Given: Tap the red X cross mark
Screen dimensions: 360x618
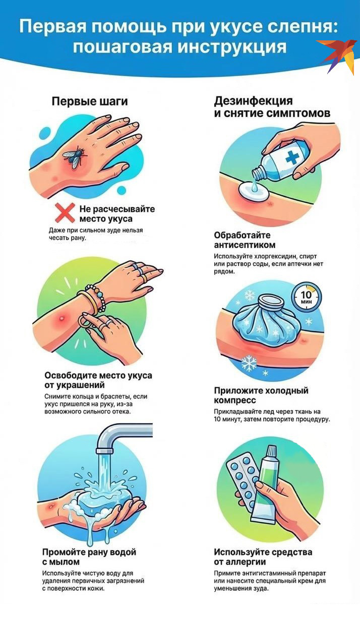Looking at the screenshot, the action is point(65,213).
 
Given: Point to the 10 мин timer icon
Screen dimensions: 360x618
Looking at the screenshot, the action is point(306,297).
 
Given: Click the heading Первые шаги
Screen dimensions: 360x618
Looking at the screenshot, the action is point(90,101).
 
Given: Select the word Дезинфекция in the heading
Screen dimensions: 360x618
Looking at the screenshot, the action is point(253,101).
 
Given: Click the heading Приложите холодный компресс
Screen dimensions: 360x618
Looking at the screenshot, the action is point(261,395).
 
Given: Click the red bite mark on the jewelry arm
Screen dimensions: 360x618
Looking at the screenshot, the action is point(62,318).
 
